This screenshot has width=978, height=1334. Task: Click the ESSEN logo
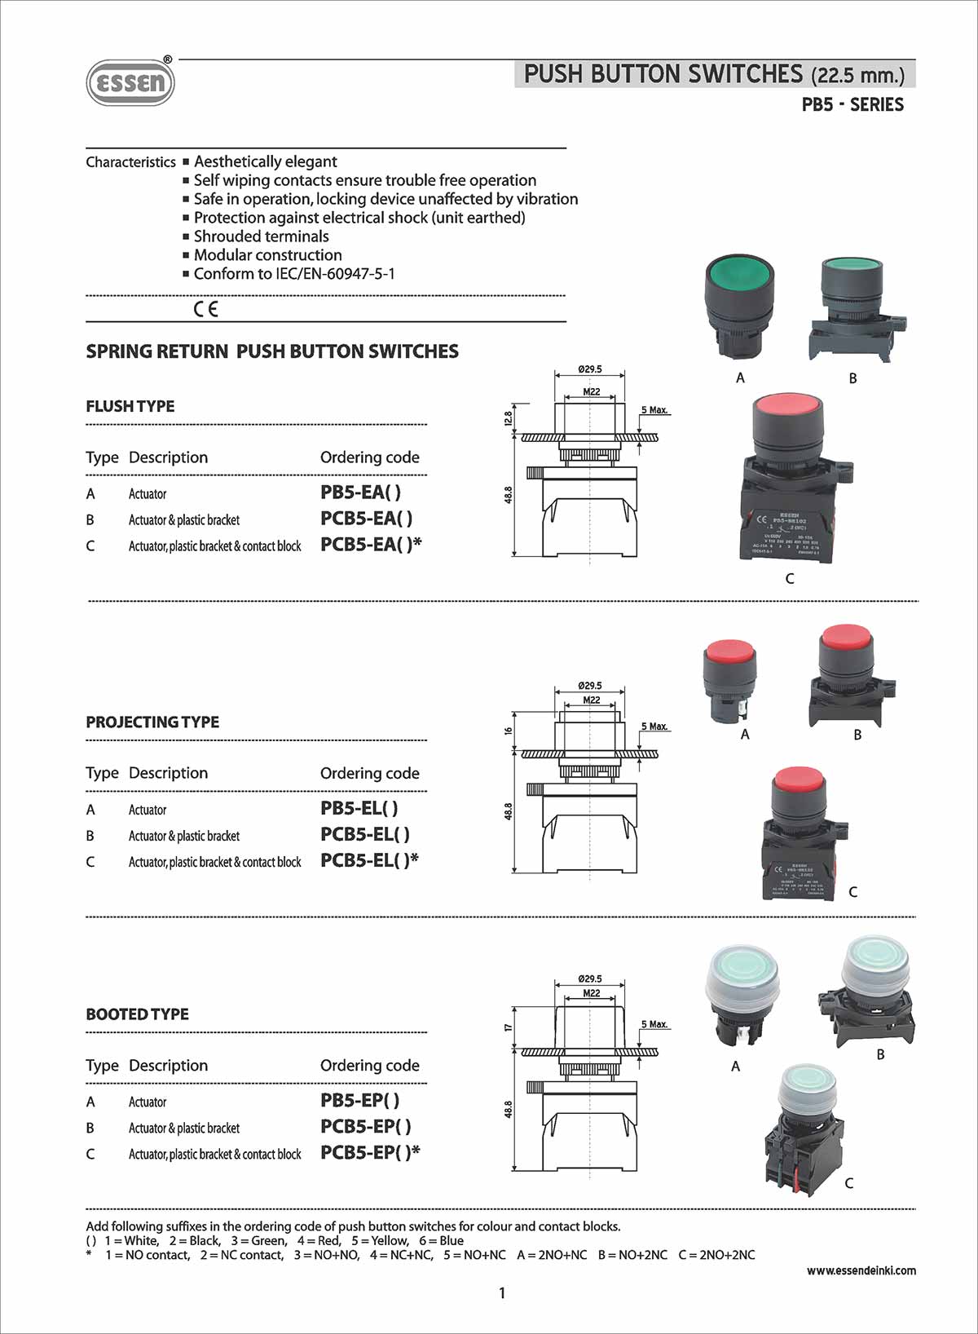tap(130, 82)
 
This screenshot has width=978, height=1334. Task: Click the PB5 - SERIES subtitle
tap(852, 104)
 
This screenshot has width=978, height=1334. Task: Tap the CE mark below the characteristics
tap(206, 309)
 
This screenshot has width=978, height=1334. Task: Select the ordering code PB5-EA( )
tap(360, 493)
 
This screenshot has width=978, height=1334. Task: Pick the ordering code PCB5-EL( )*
tap(369, 860)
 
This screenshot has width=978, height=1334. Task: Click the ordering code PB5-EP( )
tap(359, 1101)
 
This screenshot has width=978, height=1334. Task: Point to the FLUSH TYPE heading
tap(130, 406)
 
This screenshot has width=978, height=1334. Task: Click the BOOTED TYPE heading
tap(137, 1014)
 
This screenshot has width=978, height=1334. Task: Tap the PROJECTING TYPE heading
tap(152, 722)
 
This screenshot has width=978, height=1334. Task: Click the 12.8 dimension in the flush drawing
tap(509, 418)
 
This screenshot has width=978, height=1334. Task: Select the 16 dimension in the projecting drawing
tap(509, 731)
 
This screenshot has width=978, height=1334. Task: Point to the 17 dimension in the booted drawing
tap(509, 1028)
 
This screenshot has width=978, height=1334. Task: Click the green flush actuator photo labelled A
tap(739, 306)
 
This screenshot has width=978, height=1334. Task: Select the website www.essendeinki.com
tap(861, 1270)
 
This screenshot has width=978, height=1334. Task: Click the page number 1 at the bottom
tap(502, 1293)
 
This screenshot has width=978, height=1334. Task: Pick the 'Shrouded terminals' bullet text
tap(261, 236)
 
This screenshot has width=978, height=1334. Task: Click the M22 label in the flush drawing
tap(591, 392)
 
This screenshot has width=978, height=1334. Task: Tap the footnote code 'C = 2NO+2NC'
tap(716, 1255)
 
